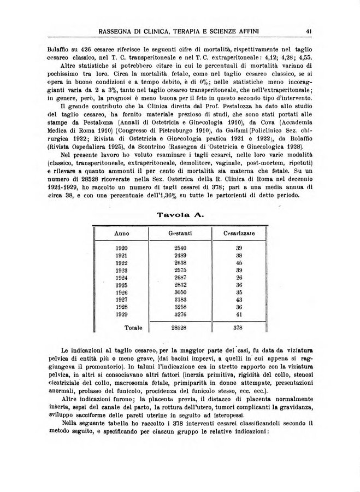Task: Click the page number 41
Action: [309, 31]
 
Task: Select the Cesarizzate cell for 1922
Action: [239, 262]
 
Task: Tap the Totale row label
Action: [134, 328]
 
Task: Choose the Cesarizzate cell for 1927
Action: [239, 300]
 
